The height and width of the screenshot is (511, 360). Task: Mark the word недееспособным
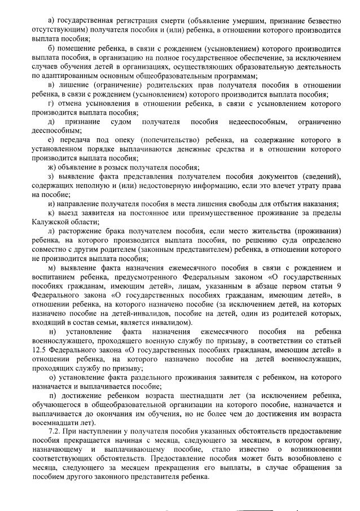click(259, 122)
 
